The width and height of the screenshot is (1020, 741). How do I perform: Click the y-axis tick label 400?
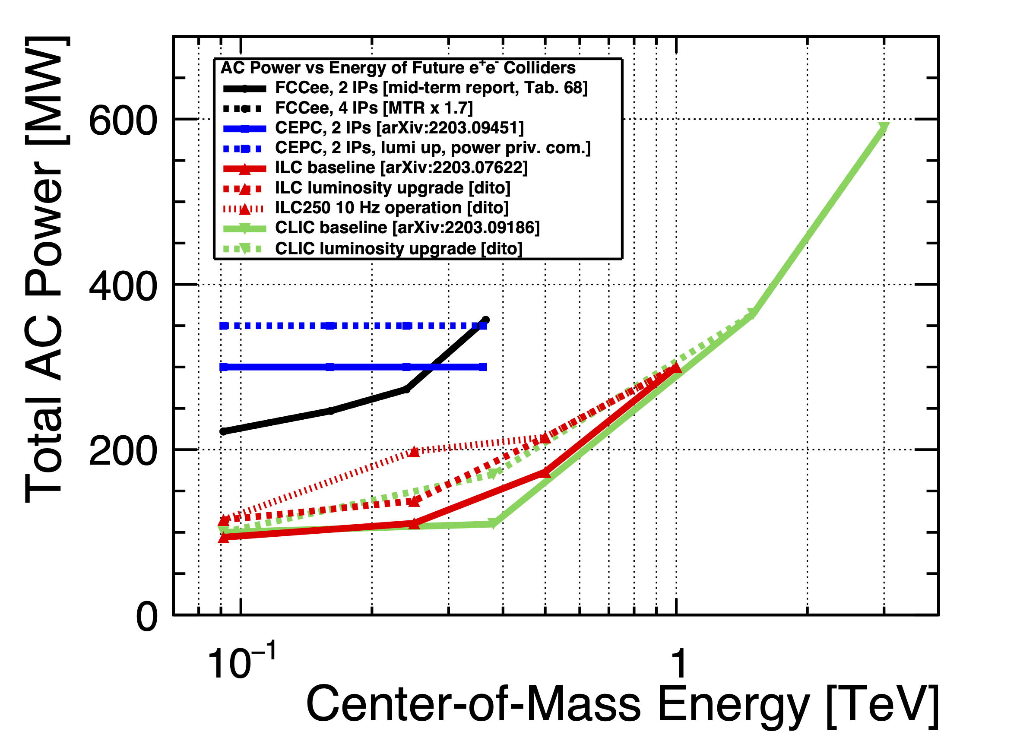click(x=122, y=287)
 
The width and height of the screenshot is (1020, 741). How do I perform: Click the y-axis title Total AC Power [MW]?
click(x=45, y=270)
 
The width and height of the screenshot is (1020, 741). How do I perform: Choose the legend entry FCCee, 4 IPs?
click(x=374, y=108)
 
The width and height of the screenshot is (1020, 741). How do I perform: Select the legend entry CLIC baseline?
click(x=407, y=228)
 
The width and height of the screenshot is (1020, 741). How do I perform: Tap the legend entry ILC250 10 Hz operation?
click(x=392, y=208)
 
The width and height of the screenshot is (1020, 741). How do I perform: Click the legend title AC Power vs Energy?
click(x=398, y=68)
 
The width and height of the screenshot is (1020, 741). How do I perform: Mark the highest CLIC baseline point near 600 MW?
click(x=884, y=129)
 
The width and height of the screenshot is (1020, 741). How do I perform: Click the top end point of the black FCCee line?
click(x=485, y=320)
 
